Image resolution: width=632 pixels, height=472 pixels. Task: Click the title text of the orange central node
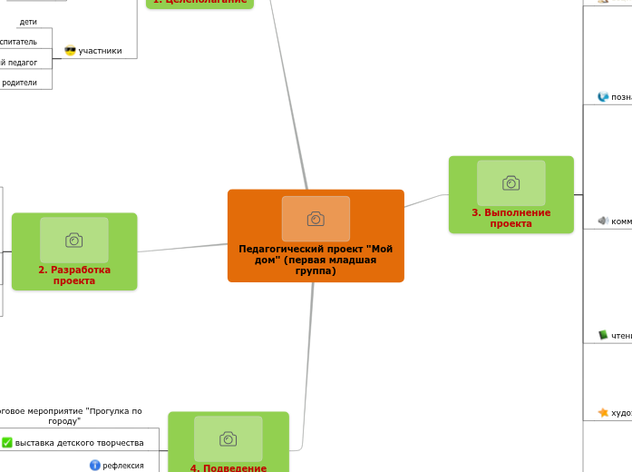316,260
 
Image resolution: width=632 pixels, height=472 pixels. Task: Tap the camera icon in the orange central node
316,219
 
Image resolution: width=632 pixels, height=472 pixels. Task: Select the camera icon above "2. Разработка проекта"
74,240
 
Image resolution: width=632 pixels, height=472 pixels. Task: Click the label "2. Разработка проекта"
74,275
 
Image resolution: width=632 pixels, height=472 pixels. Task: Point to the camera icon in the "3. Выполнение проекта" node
511,183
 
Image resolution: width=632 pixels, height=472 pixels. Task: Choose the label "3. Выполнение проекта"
511,218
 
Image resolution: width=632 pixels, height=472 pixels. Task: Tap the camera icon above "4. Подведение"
228,439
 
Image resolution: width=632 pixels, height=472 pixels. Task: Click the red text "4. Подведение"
228,467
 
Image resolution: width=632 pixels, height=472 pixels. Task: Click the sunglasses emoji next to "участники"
70,51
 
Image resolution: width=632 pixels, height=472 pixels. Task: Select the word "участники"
100,51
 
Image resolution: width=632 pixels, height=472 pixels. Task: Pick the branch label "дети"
28,22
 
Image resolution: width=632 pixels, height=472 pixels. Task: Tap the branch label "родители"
19,83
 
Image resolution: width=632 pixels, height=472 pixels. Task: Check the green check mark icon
7,443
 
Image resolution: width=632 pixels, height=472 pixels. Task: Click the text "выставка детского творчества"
80,443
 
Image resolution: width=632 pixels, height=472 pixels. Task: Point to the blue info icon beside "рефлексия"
95,466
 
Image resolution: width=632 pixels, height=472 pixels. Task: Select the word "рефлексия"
123,466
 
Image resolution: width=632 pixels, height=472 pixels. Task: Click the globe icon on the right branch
603,97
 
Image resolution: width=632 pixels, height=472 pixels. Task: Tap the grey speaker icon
603,221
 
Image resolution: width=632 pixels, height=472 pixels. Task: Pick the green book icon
603,336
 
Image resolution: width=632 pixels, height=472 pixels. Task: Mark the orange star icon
603,413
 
